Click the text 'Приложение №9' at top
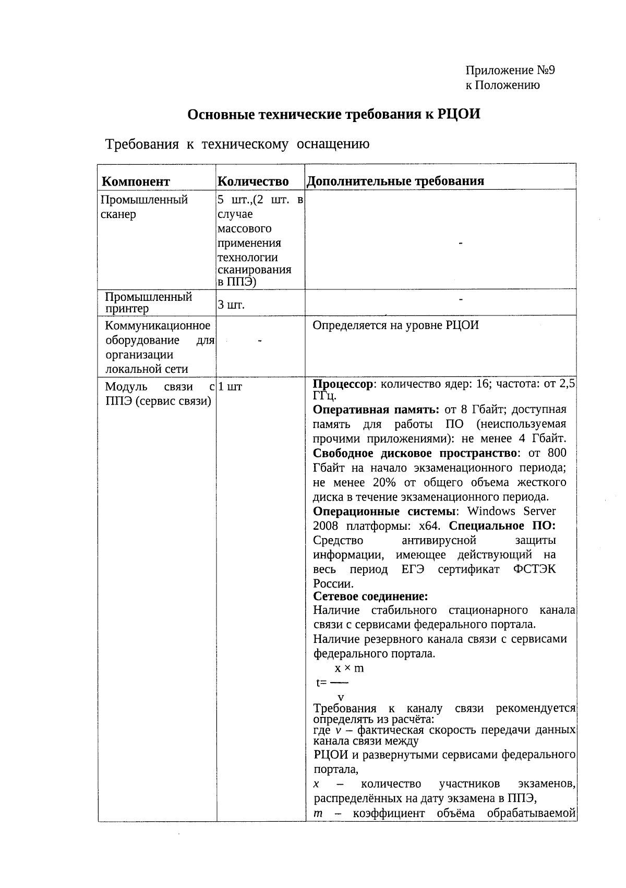(x=510, y=70)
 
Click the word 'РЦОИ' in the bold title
(x=459, y=114)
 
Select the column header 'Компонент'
(x=136, y=181)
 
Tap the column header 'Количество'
(x=253, y=181)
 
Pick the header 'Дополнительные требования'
(x=395, y=181)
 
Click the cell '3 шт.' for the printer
(x=231, y=305)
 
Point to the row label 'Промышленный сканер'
(x=143, y=207)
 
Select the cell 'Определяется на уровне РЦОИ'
(x=395, y=325)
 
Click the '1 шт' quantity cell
(x=230, y=387)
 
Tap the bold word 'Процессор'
(x=343, y=384)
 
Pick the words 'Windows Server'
(x=511, y=511)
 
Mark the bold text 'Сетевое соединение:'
(x=370, y=596)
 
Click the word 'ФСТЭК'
(x=534, y=569)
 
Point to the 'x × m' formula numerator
(x=349, y=668)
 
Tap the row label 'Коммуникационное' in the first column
(x=158, y=326)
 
